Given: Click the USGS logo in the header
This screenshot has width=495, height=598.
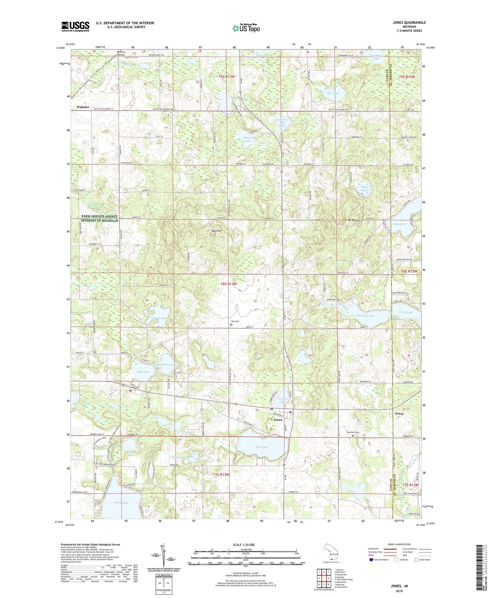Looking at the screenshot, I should [75, 26].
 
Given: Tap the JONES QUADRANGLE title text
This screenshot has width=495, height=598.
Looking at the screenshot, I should [409, 23].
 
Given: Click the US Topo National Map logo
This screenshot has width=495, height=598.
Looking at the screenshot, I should [246, 28].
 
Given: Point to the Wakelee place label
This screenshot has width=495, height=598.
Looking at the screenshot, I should [83, 107].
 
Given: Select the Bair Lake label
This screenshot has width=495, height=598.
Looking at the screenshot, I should [261, 447].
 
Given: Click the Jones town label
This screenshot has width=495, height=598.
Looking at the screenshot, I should [278, 420].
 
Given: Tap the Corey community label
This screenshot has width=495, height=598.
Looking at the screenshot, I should [399, 413].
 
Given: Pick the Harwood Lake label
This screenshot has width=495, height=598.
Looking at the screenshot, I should [366, 316].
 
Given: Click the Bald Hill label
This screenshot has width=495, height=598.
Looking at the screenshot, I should [216, 231].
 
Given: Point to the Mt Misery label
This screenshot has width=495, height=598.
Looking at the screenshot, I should [354, 220].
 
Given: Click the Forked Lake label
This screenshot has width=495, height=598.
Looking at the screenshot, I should [159, 318].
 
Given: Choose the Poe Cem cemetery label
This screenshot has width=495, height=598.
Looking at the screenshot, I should [235, 321].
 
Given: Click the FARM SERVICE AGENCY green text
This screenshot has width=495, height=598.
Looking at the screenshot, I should [100, 216].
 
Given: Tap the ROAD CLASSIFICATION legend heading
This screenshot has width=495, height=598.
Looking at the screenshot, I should [399, 544].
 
